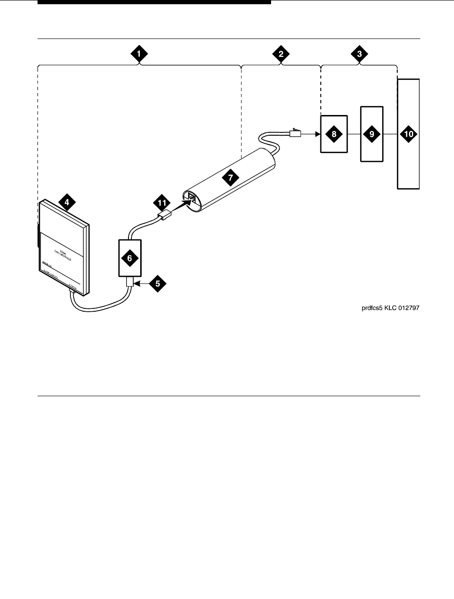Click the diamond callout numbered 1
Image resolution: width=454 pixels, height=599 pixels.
pos(139,54)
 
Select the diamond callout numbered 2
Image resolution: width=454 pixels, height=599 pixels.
pos(280,54)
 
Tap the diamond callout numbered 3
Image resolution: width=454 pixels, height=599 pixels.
pos(359,54)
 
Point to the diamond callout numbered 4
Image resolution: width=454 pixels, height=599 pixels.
pos(67,202)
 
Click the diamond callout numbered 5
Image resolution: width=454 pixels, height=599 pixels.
pos(158,284)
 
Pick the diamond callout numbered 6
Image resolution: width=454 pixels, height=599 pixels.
pos(130,257)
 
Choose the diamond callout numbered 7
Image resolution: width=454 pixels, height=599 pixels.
pos(230,177)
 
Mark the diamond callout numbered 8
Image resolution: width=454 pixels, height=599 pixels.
pos(334,134)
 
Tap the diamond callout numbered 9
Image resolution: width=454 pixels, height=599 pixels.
pos(372,134)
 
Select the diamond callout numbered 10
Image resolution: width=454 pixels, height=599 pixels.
pos(409,134)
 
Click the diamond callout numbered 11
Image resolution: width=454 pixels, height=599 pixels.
pos(161,203)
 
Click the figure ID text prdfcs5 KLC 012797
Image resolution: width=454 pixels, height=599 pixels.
pos(390,308)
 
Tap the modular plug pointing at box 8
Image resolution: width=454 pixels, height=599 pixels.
pos(295,133)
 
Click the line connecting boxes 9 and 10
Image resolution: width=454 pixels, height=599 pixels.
pos(390,134)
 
